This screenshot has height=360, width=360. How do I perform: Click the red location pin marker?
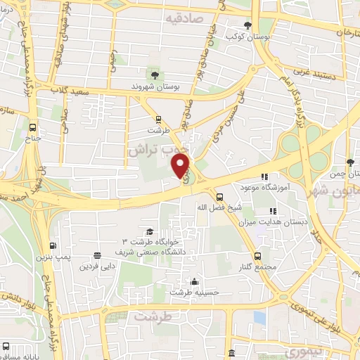point(181,166)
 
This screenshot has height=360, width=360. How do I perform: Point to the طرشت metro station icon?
point(160,119)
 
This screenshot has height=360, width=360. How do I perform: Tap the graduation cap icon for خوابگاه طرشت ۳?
point(150,231)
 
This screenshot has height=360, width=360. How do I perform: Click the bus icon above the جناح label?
point(32,127)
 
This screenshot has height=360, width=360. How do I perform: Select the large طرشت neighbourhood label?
point(153,317)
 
